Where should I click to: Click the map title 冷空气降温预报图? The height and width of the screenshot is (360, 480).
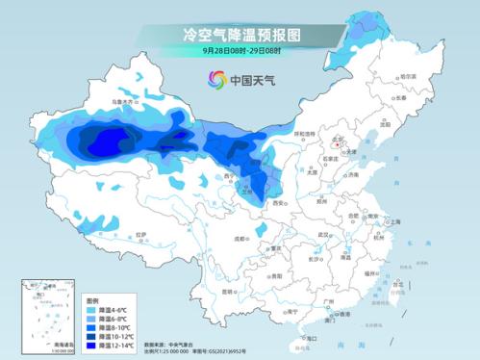240,33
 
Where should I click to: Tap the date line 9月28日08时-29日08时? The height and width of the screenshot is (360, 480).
240,49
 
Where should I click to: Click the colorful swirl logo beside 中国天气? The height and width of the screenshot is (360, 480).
213,79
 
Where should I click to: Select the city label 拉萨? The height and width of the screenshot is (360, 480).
142,233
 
